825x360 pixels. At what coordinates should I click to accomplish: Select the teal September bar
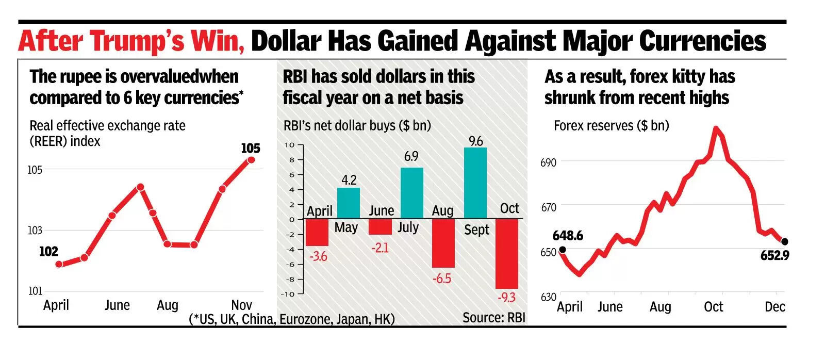[475, 183]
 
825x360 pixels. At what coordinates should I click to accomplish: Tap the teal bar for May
[349, 203]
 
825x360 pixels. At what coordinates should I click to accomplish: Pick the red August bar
[443, 243]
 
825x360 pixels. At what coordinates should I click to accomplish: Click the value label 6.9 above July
[411, 156]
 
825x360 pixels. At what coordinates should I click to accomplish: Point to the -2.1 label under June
[380, 248]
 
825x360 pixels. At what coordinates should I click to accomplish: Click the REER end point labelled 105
[251, 159]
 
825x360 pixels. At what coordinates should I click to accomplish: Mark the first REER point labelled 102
[59, 264]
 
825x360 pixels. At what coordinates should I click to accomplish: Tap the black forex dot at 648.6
[562, 250]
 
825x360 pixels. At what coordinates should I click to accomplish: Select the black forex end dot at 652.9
[785, 241]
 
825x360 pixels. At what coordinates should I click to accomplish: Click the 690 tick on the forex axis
[549, 163]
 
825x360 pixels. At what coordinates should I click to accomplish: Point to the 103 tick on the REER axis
[35, 231]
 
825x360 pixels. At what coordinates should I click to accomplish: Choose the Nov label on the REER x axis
[241, 305]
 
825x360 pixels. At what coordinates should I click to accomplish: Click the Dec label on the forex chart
[774, 307]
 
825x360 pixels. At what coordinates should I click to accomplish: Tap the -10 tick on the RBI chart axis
[288, 294]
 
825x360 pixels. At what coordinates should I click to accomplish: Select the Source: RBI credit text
[493, 318]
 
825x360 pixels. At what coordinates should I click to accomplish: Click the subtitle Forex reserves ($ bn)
[611, 126]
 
